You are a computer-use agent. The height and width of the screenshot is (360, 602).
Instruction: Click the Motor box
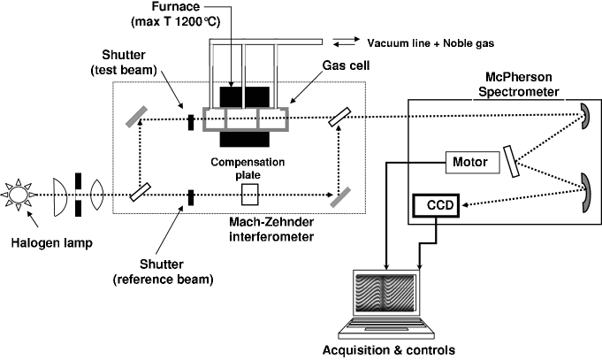pos(473,162)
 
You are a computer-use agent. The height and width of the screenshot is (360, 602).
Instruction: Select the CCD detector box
pos(436,205)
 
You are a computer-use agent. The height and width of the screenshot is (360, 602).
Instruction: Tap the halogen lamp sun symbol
pos(18,195)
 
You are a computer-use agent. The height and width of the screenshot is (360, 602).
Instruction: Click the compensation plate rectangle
pos(249,195)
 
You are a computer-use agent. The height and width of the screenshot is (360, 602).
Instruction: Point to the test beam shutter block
pos(191,122)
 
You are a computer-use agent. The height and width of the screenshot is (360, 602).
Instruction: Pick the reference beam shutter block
pos(191,197)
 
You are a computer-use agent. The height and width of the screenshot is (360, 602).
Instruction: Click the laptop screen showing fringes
pos(385,293)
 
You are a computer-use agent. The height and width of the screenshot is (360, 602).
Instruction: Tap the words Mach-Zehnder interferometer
pos(271,229)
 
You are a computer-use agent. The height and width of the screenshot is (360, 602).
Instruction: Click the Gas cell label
pos(346,65)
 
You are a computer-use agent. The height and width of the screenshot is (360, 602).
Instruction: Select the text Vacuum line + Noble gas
pos(431,43)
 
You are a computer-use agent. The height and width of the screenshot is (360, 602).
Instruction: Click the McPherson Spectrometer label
pos(518,85)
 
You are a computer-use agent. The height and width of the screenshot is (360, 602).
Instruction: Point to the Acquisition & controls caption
pos(389,350)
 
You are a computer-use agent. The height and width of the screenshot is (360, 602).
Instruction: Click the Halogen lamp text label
pos(51,243)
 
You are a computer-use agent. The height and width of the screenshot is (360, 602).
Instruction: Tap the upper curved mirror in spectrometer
pos(585,116)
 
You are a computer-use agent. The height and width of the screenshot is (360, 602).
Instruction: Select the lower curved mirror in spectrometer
pos(585,193)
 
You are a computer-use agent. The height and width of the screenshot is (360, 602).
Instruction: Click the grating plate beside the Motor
pos(512,161)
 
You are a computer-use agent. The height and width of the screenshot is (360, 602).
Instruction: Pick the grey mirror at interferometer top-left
pos(137,117)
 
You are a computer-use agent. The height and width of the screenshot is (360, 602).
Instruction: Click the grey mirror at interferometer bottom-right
pos(340,196)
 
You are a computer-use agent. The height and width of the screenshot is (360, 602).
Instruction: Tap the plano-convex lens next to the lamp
pos(60,196)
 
